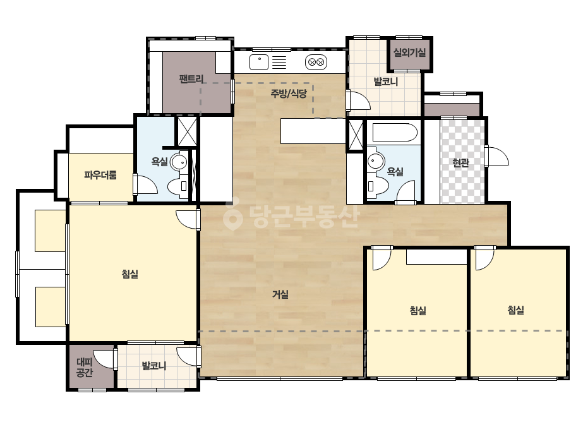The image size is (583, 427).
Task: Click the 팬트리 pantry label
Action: [191, 79]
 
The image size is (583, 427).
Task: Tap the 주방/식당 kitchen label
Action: [289, 93]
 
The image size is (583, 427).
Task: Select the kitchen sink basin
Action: [259, 62]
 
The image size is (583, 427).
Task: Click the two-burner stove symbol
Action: [316, 62]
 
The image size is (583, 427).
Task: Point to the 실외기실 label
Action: [409, 52]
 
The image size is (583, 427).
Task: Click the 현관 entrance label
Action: [460, 162]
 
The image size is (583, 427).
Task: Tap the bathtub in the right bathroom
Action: [395, 133]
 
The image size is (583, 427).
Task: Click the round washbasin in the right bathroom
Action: [376, 161]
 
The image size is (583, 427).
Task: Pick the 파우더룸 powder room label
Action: [100, 175]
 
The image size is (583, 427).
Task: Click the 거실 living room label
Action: [280, 294]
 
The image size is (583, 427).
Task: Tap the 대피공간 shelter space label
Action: [85, 367]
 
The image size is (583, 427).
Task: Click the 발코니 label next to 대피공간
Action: [154, 366]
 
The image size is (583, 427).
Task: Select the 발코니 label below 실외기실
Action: [385, 81]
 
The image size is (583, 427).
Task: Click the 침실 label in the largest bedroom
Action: [129, 274]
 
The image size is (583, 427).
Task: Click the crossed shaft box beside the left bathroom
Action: [187, 131]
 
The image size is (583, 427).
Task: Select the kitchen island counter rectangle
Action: [314, 131]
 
